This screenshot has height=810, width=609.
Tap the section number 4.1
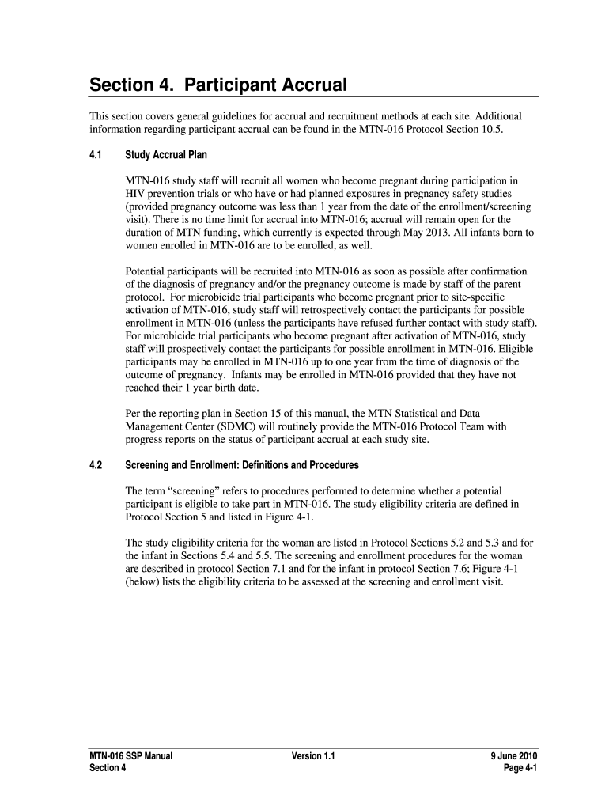[96, 155]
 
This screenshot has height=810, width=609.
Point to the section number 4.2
[96, 464]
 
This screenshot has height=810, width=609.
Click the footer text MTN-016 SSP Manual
[130, 756]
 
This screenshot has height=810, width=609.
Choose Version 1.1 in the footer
[313, 756]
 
